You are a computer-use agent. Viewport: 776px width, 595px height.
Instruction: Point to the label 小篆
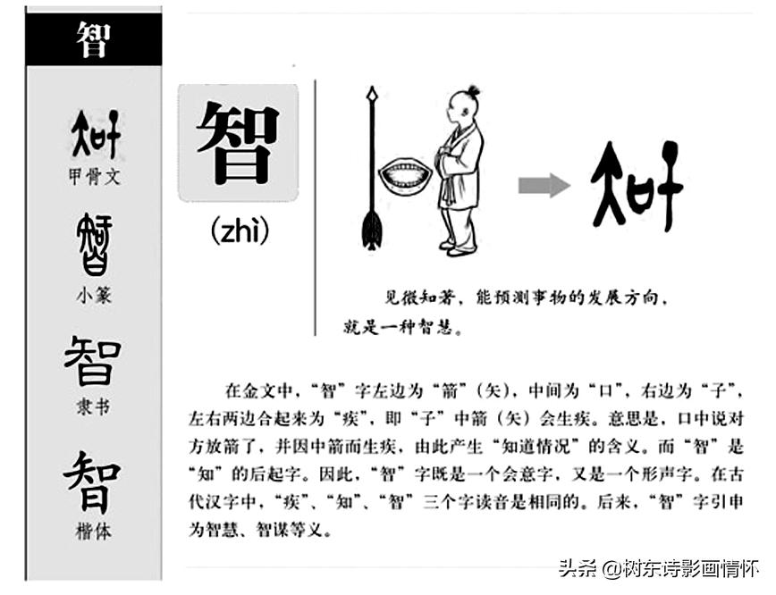coord(94,296)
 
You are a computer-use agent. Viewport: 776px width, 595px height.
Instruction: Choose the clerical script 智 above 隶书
coord(93,361)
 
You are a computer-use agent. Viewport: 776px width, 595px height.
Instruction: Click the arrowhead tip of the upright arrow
coord(373,92)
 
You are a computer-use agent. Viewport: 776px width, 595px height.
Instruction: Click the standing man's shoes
coord(458,249)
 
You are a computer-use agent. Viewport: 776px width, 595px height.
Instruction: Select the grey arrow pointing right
coord(544,185)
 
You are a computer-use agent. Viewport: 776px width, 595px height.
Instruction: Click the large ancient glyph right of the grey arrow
coord(637,185)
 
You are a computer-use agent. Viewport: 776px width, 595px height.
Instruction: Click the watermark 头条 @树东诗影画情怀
coord(660,568)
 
